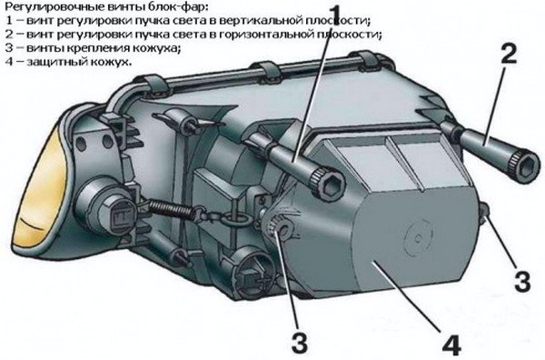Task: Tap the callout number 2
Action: (x=509, y=55)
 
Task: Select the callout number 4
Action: (x=451, y=344)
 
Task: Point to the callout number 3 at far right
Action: (x=522, y=281)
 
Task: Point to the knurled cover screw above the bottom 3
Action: (x=281, y=228)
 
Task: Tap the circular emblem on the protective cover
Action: (x=418, y=237)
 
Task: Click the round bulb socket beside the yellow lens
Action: (x=105, y=206)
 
